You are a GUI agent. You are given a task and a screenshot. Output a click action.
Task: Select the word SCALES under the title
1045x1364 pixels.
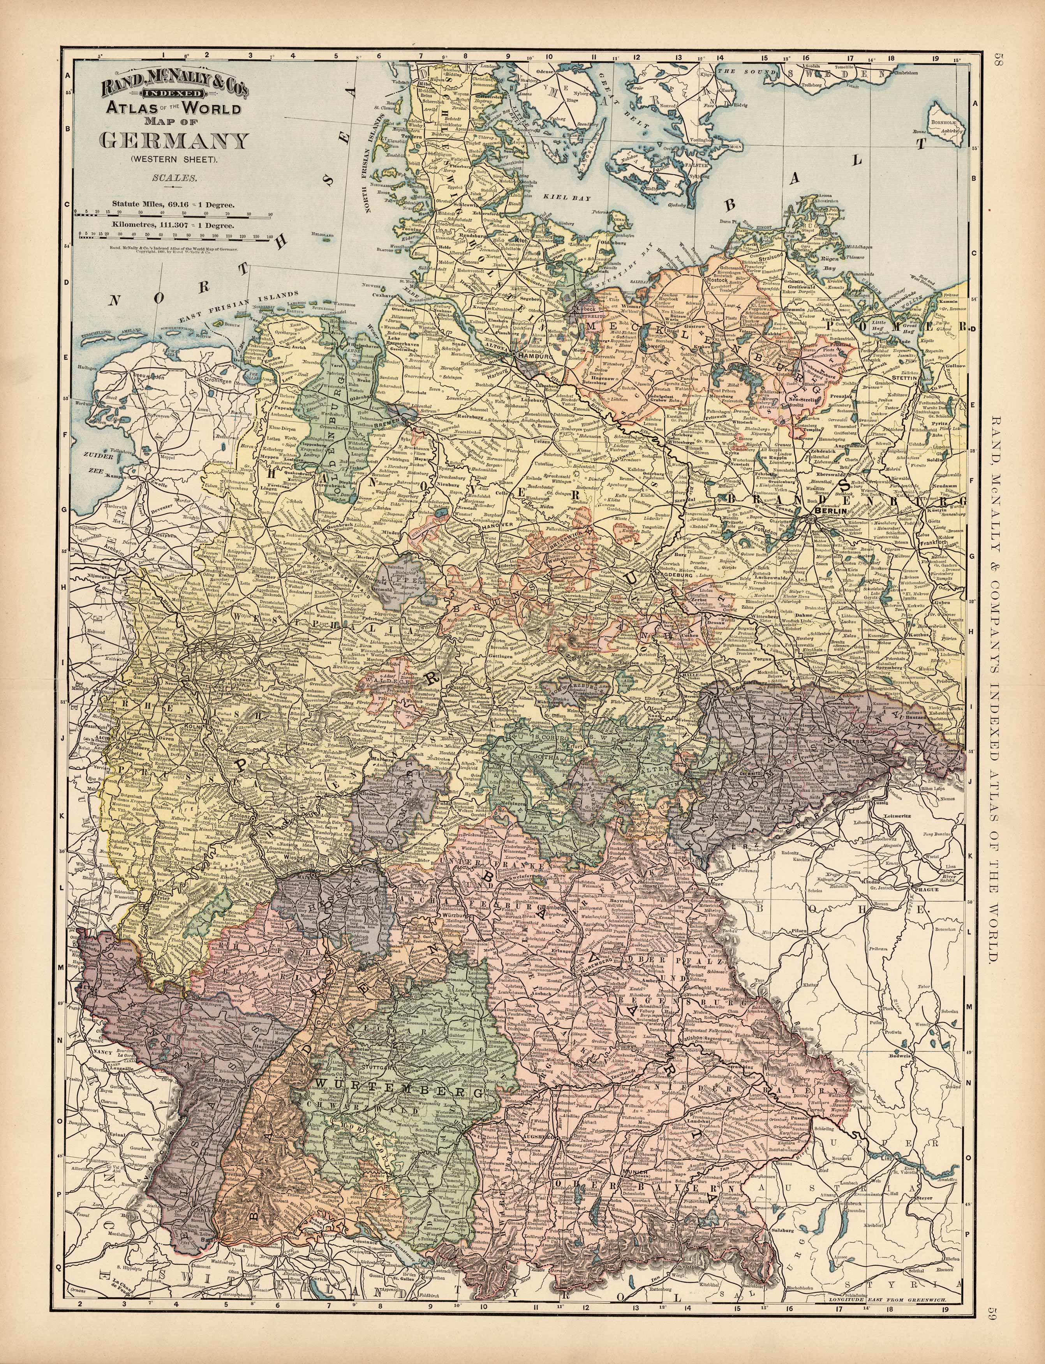click(174, 178)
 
